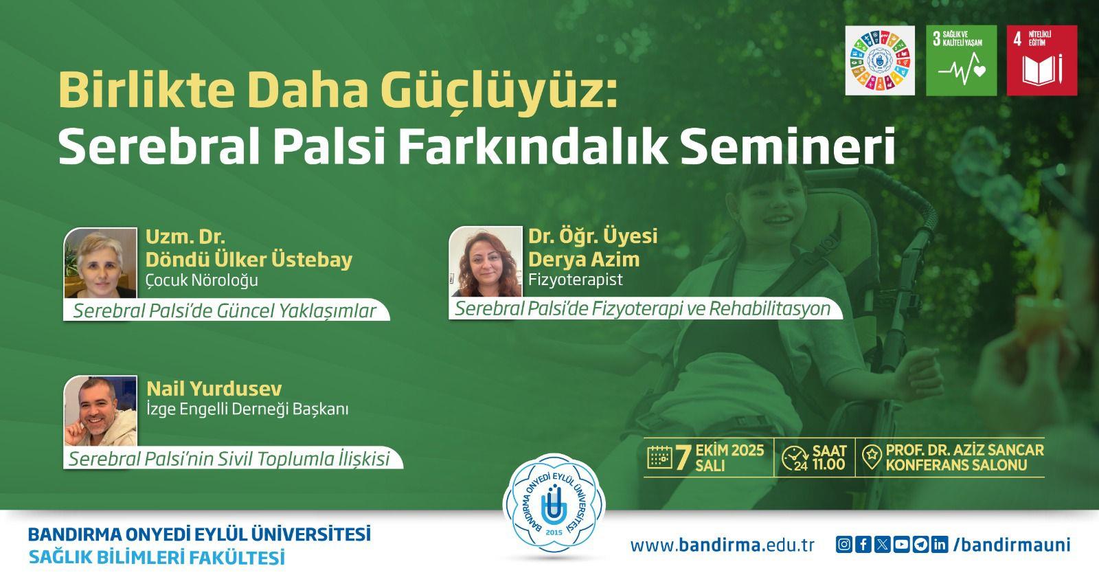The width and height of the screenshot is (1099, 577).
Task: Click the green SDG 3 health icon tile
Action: coord(961,60)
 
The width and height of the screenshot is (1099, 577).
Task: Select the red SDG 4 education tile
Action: coord(1042,60)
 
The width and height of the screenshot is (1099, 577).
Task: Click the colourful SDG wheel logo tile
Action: coord(880,60)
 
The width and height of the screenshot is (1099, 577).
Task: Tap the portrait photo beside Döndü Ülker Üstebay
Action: coord(100,263)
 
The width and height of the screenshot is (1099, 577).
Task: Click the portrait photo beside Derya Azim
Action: coord(486,262)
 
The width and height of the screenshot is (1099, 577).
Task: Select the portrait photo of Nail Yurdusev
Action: coord(100,411)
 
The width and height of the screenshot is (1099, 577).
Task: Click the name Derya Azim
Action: coord(584,259)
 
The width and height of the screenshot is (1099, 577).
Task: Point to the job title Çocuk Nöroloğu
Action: coord(202,280)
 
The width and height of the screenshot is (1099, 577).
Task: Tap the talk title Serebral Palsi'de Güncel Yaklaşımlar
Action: coord(224,311)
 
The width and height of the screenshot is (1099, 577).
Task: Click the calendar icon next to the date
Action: coord(659,457)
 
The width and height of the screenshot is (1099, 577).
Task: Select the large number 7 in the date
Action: coord(683,457)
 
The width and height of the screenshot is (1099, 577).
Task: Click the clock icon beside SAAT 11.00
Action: coord(795,458)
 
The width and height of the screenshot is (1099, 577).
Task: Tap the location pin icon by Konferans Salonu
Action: coord(872,457)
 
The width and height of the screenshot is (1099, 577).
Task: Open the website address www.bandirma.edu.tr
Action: coord(722,545)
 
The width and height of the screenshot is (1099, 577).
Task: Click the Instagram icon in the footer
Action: coord(844,545)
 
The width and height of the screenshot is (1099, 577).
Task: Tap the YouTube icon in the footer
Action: coord(901,545)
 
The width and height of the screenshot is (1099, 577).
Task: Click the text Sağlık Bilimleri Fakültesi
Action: coord(157,558)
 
